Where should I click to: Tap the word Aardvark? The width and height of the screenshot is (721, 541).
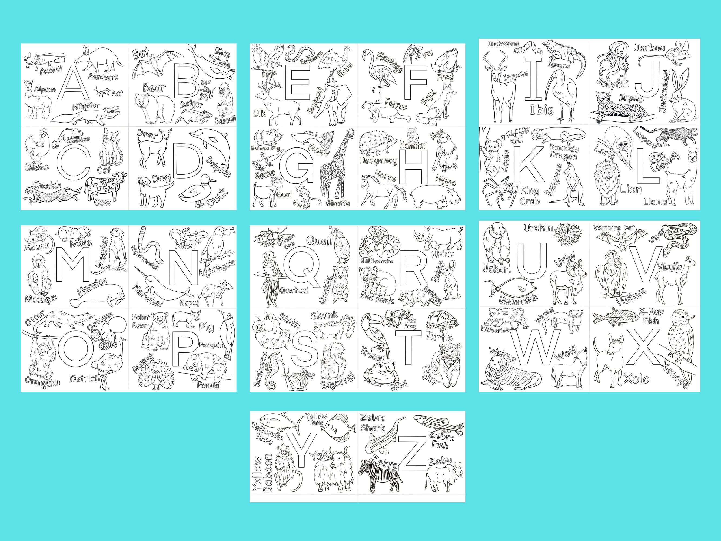(x=103, y=76)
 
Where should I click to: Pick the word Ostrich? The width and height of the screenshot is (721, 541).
(x=84, y=378)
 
